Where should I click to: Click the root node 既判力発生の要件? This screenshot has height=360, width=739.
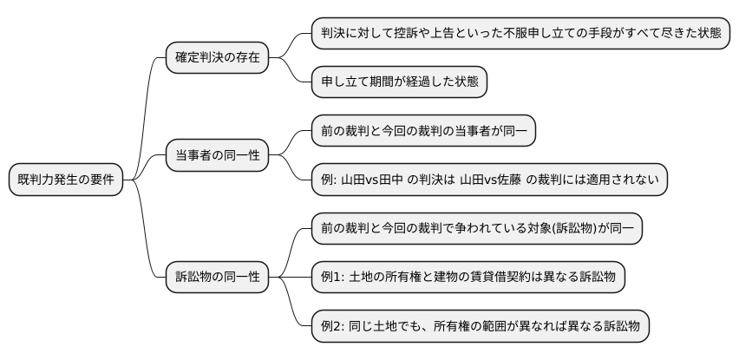[66, 180]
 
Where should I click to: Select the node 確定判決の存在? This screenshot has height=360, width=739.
[217, 58]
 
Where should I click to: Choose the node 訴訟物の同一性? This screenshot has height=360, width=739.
[217, 278]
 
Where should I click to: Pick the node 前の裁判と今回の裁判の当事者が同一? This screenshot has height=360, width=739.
[424, 132]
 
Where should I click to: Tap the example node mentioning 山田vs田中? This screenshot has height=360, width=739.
[489, 180]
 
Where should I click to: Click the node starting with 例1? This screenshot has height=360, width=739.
[468, 278]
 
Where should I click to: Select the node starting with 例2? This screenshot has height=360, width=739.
[481, 327]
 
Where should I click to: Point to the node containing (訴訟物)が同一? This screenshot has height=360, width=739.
[477, 229]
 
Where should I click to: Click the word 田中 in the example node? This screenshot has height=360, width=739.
[408, 180]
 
